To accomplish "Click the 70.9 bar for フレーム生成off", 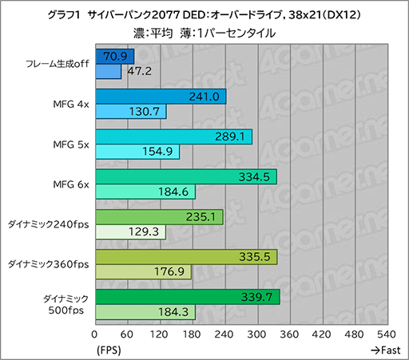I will pos(114,57).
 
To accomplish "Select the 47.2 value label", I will pos(137,72).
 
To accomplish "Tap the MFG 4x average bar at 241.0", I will pos(160,97).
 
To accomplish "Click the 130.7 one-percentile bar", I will pos(130,112).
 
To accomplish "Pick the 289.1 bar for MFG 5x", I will pos(173,136).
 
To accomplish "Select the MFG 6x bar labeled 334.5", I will pos(185,176).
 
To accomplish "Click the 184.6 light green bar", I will pos(145,192).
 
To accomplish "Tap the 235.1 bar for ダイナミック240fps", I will pos(158,216).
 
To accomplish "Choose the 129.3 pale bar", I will pos(129,231).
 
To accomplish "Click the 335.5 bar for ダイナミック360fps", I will pos(185,256).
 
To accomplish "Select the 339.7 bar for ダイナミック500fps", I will pos(187,297).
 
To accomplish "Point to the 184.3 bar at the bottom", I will pos(145,312).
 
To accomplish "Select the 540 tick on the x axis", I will pos(386,334).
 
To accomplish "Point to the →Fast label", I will pos(385,350).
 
